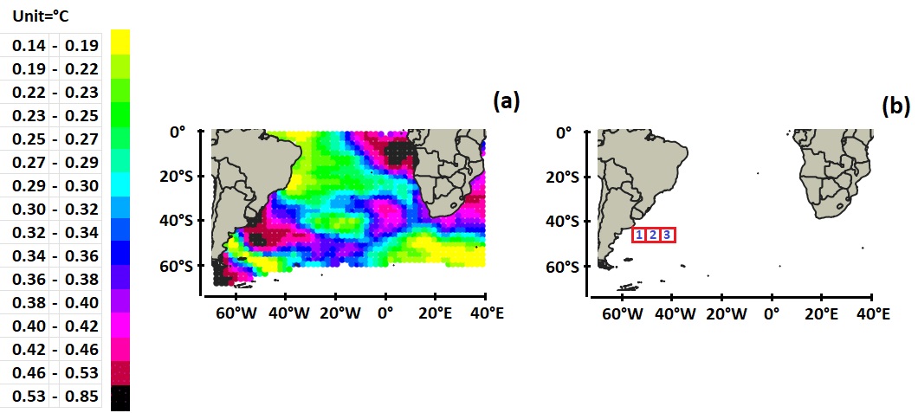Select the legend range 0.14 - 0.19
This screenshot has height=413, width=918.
[55, 45]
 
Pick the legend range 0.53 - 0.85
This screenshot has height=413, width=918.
[55, 397]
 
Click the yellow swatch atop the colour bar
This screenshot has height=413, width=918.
[121, 42]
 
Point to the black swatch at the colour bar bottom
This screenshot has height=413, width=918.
[121, 398]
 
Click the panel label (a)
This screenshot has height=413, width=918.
[506, 101]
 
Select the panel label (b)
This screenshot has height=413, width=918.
[895, 106]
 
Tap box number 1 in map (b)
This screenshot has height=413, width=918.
[639, 235]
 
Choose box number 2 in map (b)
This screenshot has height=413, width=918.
[653, 235]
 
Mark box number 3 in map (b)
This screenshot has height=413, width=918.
[667, 235]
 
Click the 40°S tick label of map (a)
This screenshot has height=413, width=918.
[179, 221]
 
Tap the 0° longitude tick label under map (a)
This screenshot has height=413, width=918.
[386, 313]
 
